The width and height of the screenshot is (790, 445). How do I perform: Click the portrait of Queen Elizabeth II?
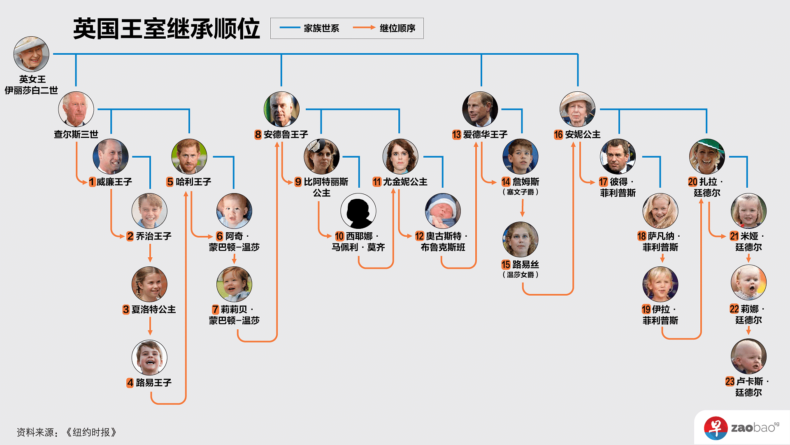[x=31, y=54]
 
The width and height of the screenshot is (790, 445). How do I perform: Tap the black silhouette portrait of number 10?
[x=358, y=211]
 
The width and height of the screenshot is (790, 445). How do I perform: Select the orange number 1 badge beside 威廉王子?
[x=92, y=182]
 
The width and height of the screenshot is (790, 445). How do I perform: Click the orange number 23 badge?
[x=730, y=382]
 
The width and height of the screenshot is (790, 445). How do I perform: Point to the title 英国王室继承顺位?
[x=167, y=29]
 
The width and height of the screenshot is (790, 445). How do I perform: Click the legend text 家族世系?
[x=321, y=28]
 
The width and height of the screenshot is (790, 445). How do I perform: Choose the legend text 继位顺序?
[x=397, y=28]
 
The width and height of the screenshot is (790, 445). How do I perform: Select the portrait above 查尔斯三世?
[x=76, y=109]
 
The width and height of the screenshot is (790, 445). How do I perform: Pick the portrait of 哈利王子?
[x=189, y=157]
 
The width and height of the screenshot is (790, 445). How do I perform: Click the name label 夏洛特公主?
[x=153, y=310]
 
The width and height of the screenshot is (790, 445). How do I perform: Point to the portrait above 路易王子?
[x=149, y=358]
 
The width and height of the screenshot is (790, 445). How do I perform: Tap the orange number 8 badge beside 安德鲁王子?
[x=258, y=135]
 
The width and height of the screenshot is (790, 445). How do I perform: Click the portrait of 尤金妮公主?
[x=400, y=157]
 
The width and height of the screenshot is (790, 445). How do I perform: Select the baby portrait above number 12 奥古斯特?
[x=443, y=211]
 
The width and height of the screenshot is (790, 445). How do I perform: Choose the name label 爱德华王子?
[x=485, y=135]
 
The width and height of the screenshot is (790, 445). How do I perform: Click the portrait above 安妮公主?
[x=577, y=109]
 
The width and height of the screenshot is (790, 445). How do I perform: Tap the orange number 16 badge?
[x=558, y=135]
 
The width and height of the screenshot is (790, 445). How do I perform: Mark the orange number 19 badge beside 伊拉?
[x=646, y=310]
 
